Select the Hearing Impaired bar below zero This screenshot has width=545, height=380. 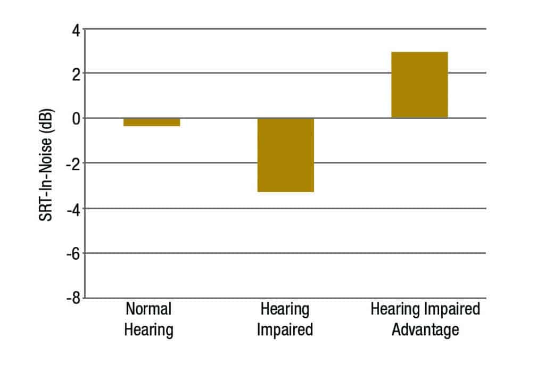coord(286,154)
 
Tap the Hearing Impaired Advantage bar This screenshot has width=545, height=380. coord(419,85)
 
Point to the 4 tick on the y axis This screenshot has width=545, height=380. coord(76,29)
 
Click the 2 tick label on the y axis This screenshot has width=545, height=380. coord(76,73)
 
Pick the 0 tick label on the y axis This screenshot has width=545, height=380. coord(76,118)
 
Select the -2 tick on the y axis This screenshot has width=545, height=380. coord(73,163)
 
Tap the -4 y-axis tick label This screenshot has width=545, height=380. coord(73,208)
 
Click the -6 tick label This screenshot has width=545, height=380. coord(73,253)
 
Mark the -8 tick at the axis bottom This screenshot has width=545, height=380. coord(73,298)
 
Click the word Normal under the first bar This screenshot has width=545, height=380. coord(148,309)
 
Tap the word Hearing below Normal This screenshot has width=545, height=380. coord(148,330)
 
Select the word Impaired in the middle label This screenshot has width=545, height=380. coord(285,330)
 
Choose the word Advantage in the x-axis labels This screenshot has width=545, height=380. coord(425,330)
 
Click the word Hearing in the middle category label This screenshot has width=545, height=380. coord(285,309)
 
